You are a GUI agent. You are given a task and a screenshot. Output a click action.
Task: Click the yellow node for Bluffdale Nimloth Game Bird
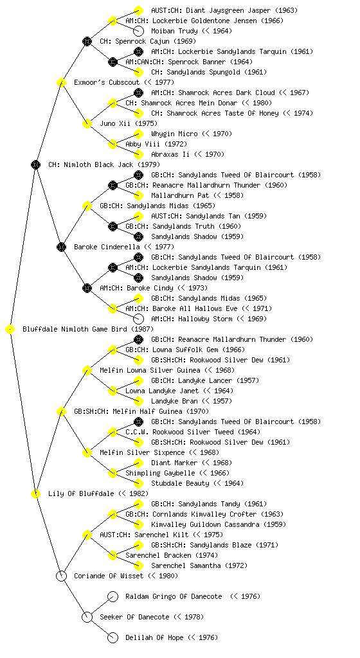(10, 330)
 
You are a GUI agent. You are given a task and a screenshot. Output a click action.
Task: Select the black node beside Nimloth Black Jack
(35, 165)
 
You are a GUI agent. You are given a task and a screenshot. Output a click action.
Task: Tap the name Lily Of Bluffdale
(81, 493)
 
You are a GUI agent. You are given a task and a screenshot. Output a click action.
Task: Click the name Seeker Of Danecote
(135, 617)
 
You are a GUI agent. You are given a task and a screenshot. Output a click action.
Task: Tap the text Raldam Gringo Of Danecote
(174, 596)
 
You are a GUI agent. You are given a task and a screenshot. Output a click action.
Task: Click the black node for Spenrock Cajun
(87, 41)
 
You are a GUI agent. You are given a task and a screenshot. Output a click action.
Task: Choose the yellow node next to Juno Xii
(87, 123)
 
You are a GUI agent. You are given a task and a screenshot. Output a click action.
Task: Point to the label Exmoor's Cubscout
(107, 82)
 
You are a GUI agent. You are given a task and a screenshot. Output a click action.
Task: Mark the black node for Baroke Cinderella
(61, 247)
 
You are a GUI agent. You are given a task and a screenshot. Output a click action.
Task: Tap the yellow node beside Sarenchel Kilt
(87, 535)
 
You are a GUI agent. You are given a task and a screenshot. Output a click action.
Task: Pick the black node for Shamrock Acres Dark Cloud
(138, 93)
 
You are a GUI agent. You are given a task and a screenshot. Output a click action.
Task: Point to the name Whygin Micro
(174, 134)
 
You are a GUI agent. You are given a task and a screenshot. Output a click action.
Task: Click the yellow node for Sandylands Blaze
(138, 545)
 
